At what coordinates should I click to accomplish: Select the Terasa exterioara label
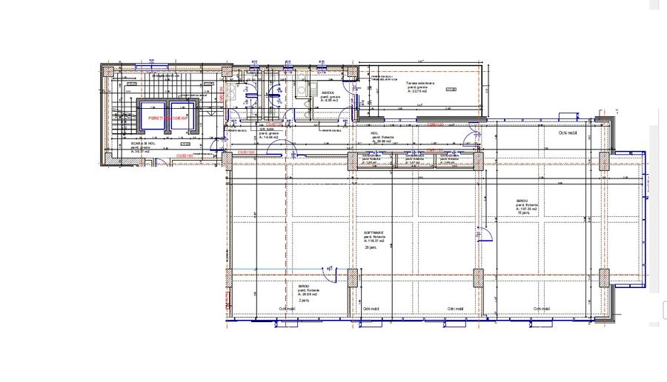click(x=420, y=82)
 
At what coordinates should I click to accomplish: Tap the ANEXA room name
click(x=328, y=93)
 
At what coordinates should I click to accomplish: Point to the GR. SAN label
click(x=266, y=128)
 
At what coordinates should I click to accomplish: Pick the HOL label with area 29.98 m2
click(x=375, y=133)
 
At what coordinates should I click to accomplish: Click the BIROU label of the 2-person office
click(x=304, y=286)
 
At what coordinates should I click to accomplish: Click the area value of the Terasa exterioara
click(x=419, y=93)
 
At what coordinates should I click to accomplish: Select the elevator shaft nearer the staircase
click(x=149, y=115)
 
